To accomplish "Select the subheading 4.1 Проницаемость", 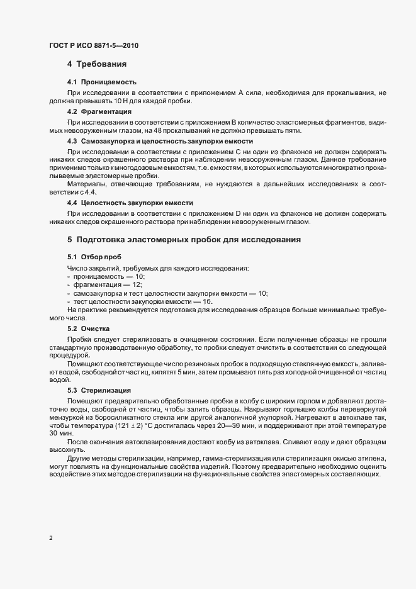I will point(101,82).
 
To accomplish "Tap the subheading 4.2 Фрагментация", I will point(99,111).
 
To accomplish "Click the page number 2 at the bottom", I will point(50,539).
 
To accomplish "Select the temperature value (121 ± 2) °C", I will point(140,426).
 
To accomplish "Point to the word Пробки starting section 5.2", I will point(79,339).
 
